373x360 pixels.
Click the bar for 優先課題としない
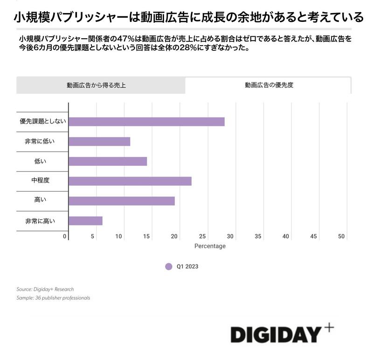[146, 122]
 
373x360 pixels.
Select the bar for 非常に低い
[99, 142]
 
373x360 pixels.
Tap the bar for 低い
[108, 161]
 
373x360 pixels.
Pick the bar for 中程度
[130, 181]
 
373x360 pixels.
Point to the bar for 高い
[122, 201]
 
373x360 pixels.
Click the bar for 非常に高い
[85, 221]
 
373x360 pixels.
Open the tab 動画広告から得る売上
[96, 85]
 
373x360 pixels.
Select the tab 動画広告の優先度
[269, 85]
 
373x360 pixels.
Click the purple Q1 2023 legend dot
[169, 266]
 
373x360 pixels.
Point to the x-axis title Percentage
[210, 246]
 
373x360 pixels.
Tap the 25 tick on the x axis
[202, 237]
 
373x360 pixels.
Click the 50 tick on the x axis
[341, 237]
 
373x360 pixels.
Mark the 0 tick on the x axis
[65, 237]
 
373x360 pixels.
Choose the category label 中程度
[40, 181]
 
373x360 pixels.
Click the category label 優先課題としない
[42, 122]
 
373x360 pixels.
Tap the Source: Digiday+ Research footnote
[45, 289]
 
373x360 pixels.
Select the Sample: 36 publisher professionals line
[53, 298]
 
